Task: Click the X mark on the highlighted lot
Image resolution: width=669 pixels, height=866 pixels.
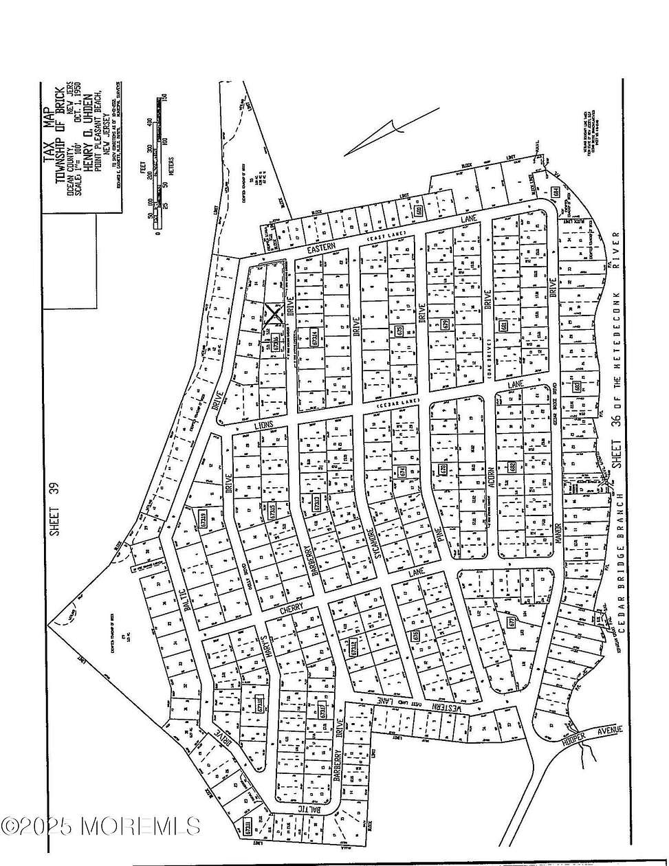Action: [274, 315]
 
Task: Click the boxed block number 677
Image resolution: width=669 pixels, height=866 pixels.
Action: [512, 623]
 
